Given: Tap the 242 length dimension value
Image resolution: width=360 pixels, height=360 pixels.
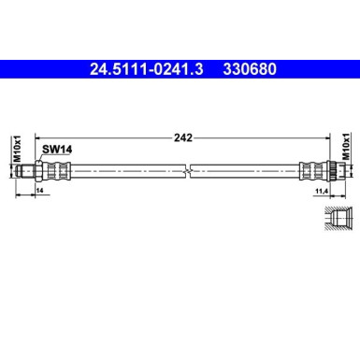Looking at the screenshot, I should pos(183,137).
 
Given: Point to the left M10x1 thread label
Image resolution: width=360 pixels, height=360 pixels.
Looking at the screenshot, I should pos(17,151).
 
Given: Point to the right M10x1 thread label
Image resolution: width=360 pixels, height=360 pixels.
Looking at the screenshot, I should pos(345,151).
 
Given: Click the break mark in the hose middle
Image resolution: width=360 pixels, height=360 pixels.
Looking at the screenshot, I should pos(187,171).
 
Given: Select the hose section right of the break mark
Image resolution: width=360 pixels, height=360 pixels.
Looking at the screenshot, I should pos(243,171).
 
